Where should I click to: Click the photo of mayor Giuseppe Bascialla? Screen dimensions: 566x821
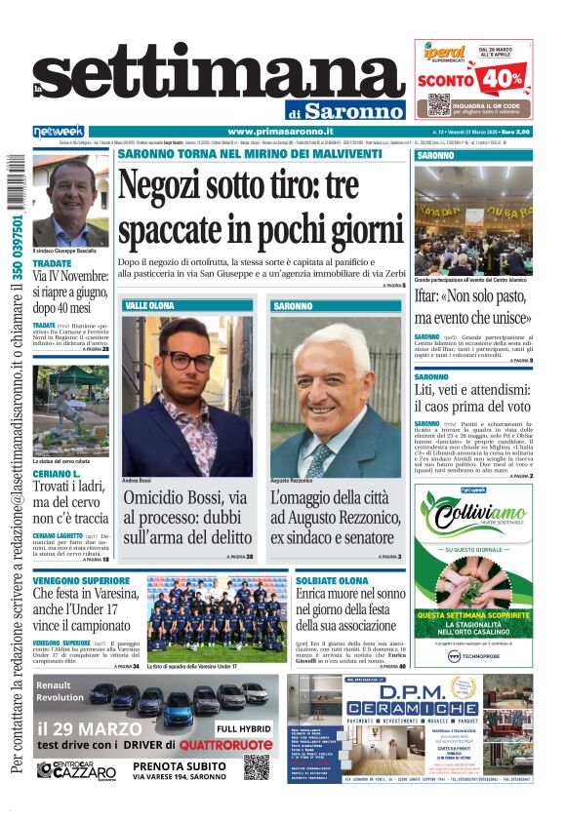[70, 199]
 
